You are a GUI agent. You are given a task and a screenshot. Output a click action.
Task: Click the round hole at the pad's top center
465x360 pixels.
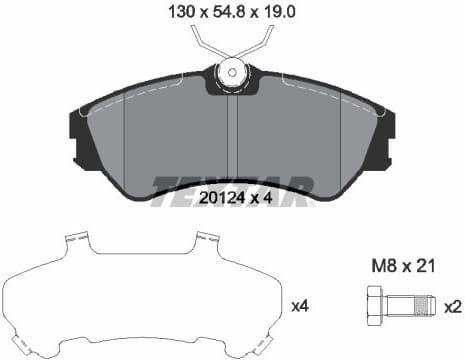(232, 72)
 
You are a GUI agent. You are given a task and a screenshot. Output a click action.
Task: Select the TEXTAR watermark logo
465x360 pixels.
(232, 187)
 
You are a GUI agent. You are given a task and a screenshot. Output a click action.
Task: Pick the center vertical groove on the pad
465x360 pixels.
(233, 140)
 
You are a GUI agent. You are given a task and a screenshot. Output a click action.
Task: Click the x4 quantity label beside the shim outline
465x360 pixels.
(298, 303)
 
